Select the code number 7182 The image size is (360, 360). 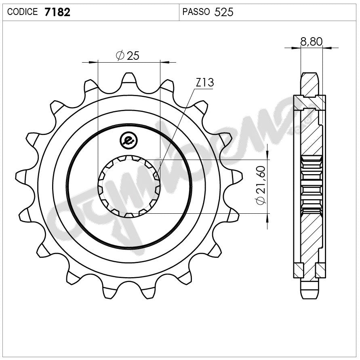click(x=57, y=12)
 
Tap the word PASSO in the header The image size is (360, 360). click(x=196, y=12)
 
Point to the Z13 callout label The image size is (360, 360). click(x=204, y=83)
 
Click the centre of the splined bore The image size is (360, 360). click(x=129, y=186)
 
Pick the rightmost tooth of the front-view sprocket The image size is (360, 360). click(x=238, y=176)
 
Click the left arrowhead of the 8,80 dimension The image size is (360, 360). click(x=297, y=48)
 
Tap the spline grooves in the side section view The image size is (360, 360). click(x=311, y=186)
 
